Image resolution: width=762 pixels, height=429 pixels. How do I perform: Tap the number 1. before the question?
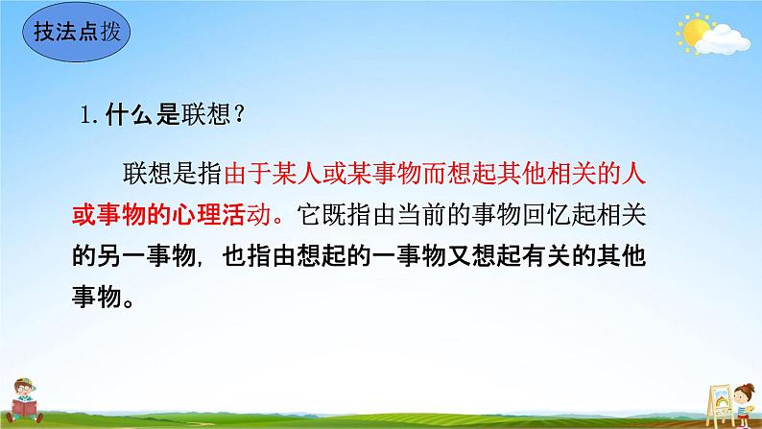tap(89, 117)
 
